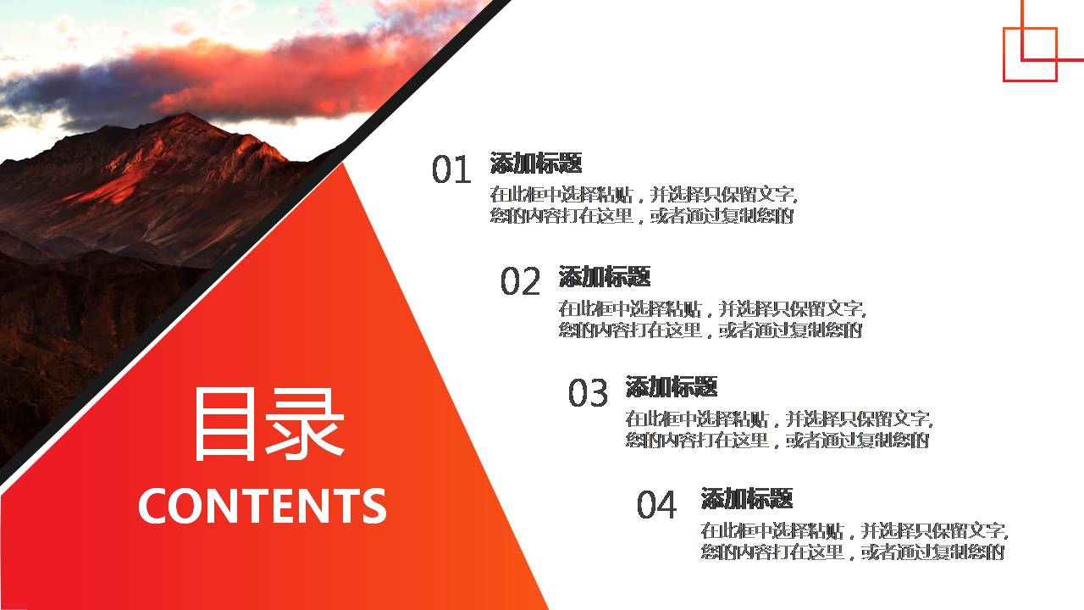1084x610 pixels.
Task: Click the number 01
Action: (451, 170)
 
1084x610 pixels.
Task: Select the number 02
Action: (519, 282)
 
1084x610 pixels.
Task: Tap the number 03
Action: (588, 393)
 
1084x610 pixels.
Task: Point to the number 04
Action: (656, 505)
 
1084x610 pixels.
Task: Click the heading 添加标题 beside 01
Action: (536, 163)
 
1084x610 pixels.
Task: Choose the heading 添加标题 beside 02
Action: (605, 276)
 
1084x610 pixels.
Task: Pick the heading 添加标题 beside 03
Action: (672, 387)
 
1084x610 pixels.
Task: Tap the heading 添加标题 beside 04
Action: (747, 498)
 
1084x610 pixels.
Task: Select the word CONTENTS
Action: (262, 506)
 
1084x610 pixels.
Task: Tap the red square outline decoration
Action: (1030, 54)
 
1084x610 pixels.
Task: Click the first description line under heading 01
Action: (644, 194)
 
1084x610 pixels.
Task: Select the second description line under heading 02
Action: (710, 330)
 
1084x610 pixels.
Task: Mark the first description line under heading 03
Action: (778, 419)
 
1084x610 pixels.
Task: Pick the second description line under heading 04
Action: (853, 552)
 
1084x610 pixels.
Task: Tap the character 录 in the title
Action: (308, 424)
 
